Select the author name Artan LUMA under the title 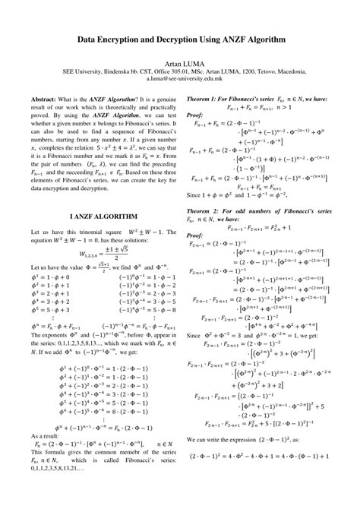pyautogui.click(x=179, y=66)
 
